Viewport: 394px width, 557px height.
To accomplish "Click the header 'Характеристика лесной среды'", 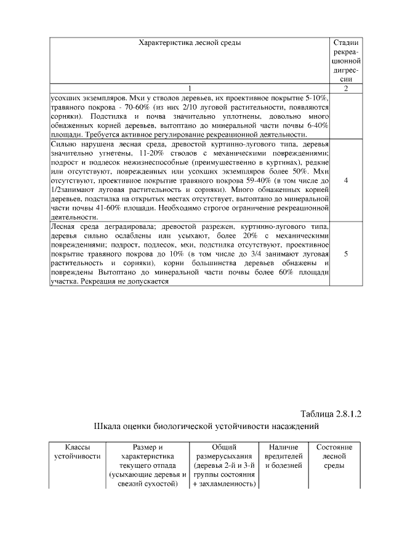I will (x=190, y=42).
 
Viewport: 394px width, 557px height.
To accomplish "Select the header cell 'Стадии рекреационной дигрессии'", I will (x=346, y=60).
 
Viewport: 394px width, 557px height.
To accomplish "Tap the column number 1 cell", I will (x=190, y=88).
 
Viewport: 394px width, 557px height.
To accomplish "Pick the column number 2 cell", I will (x=346, y=88).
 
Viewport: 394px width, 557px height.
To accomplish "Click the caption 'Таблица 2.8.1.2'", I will (x=331, y=412).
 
